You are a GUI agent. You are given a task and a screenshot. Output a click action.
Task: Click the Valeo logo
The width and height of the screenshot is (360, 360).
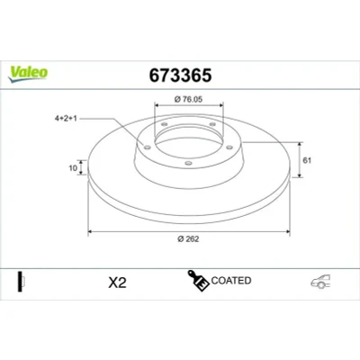click(x=28, y=74)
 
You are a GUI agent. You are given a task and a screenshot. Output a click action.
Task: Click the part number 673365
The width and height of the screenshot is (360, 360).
click(x=180, y=76)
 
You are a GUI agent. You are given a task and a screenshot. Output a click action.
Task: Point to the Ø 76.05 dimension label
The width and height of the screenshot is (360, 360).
click(x=188, y=99)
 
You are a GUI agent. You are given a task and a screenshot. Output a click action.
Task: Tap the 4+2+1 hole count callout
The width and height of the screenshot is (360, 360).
click(x=66, y=119)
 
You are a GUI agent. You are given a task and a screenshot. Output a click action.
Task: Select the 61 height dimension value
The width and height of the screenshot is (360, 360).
click(x=307, y=160)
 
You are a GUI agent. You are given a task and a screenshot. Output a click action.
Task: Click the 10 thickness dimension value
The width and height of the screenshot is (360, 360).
click(x=73, y=168)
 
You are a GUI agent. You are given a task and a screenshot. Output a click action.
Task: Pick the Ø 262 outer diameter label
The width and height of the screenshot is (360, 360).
click(x=188, y=238)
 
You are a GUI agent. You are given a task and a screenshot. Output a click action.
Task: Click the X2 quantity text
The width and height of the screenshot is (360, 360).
click(x=117, y=283)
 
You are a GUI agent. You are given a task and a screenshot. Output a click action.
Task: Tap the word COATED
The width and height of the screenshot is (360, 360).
click(x=231, y=281)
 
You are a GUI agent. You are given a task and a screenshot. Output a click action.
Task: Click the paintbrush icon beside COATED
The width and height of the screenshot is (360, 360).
click(x=198, y=281)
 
